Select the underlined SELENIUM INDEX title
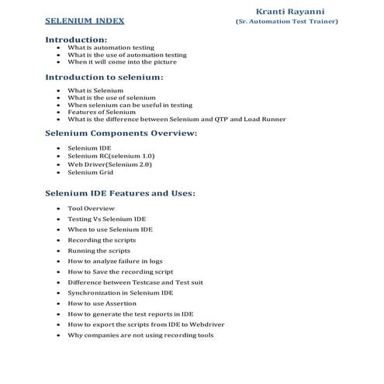click(84, 21)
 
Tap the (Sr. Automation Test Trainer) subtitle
click(286, 21)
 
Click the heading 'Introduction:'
click(76, 39)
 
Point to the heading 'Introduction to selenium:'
click(104, 78)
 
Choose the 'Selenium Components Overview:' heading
click(121, 133)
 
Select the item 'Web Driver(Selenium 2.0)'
click(109, 164)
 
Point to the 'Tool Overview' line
click(90, 209)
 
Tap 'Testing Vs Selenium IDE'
click(106, 220)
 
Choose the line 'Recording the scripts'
click(102, 240)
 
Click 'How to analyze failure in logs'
click(116, 261)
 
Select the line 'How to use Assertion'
click(102, 303)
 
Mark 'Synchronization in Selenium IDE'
click(120, 293)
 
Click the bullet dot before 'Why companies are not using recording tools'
click(59, 335)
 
